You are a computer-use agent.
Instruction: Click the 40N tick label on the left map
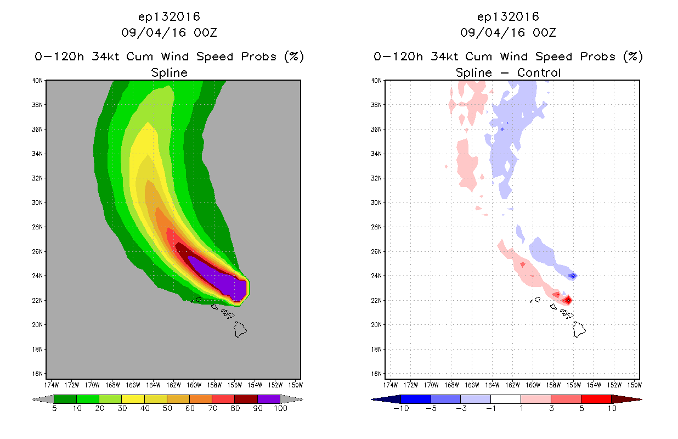37,81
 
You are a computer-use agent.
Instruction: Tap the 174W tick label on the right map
391,385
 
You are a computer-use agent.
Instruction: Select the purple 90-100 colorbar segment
269,399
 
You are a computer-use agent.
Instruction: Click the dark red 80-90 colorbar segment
246,399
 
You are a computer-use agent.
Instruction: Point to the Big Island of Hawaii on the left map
240,329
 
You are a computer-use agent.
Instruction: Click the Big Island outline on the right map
579,329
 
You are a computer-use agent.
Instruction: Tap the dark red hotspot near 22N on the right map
568,300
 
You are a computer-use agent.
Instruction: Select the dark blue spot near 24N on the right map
573,276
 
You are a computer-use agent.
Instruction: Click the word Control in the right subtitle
539,72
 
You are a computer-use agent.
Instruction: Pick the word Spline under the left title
169,73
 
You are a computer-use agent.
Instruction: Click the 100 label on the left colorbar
280,408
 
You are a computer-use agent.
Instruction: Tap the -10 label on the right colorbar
401,408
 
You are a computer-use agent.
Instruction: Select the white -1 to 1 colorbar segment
506,399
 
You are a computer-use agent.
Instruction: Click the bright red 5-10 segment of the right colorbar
596,399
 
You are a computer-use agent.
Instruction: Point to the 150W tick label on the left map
296,385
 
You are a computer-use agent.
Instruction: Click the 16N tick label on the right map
376,374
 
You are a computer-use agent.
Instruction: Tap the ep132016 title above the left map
169,17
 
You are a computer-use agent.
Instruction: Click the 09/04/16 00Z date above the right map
508,32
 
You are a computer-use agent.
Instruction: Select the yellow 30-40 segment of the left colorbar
133,399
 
